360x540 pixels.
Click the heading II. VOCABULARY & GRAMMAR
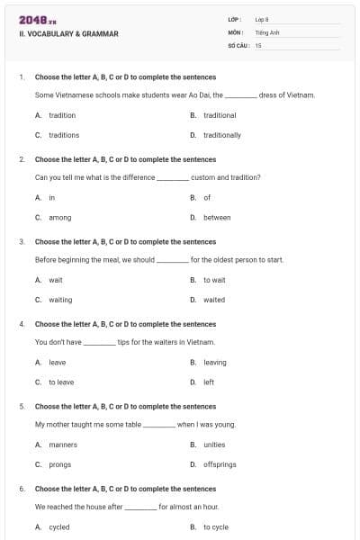[x=68, y=34]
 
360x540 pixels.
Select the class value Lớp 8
[x=263, y=19]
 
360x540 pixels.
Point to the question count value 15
[x=258, y=44]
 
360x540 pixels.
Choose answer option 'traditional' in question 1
[x=220, y=115]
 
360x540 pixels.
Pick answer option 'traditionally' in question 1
[x=221, y=135]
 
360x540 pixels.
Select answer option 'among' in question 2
[x=59, y=218]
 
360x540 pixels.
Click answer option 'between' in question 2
[x=217, y=218]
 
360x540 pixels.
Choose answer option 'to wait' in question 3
[x=214, y=280]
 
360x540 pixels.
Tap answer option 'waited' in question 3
[x=214, y=300]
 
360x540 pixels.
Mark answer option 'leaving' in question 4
[x=215, y=363]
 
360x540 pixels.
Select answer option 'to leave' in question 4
[x=61, y=382]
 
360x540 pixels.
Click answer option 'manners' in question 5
[x=63, y=445]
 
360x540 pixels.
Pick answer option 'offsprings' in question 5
[x=220, y=464]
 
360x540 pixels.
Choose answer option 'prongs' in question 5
[x=59, y=464]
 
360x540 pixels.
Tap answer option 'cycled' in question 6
[x=59, y=527]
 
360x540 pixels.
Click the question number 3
[x=22, y=242]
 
